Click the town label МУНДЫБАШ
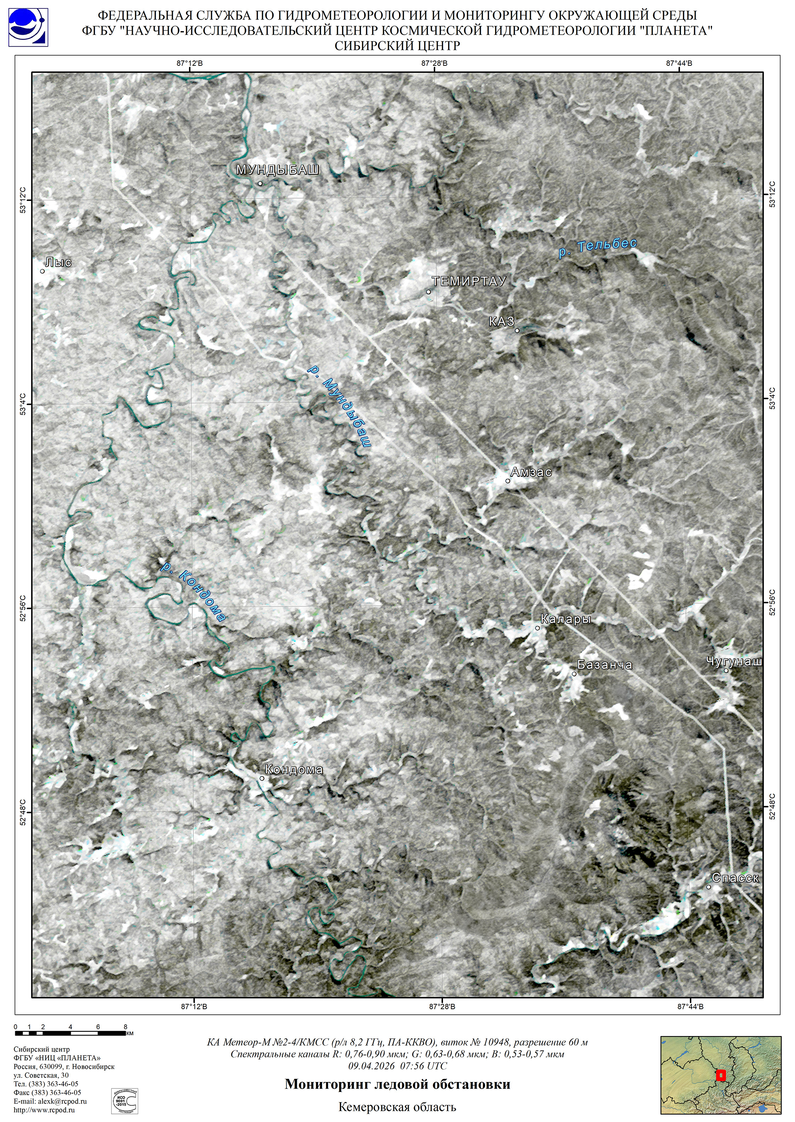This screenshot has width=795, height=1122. [x=278, y=170]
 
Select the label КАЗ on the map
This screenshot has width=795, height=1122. [x=502, y=321]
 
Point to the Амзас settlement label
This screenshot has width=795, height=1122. [x=531, y=472]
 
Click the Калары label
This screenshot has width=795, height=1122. [x=566, y=619]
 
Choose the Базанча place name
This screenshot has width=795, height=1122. [x=604, y=665]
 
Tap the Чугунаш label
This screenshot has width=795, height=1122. [x=734, y=662]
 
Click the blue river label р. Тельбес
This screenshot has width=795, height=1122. [x=598, y=247]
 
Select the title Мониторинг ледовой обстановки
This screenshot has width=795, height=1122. [x=397, y=1084]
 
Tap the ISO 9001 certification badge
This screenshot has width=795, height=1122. [x=124, y=1100]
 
